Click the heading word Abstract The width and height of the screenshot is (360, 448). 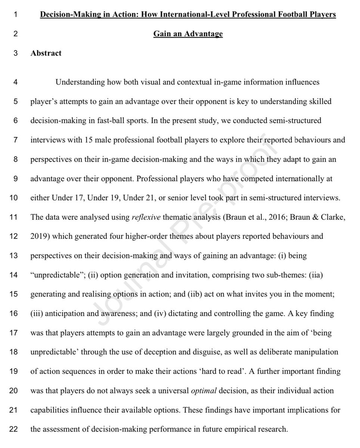point(46,53)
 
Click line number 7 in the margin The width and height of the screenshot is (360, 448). point(16,140)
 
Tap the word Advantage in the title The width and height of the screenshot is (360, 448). point(205,34)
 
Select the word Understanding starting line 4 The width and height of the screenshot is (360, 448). point(78,82)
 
